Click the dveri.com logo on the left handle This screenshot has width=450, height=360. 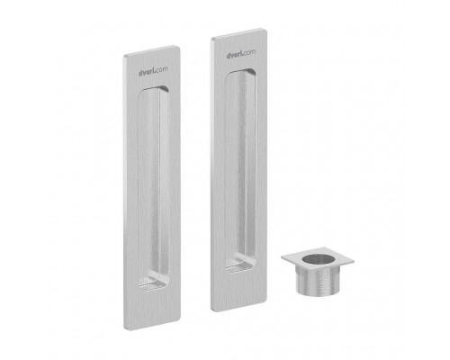153,71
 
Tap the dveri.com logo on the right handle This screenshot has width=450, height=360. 241,54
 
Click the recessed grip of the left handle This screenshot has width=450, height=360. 153,188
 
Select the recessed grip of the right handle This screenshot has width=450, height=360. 240,170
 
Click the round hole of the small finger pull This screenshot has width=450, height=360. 318,259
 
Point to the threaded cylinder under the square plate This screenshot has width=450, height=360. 318,281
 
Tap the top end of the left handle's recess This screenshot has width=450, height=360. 154,87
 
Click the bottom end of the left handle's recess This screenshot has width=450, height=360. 153,289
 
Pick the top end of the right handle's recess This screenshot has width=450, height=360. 241,71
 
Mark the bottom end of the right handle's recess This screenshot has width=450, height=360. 240,270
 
